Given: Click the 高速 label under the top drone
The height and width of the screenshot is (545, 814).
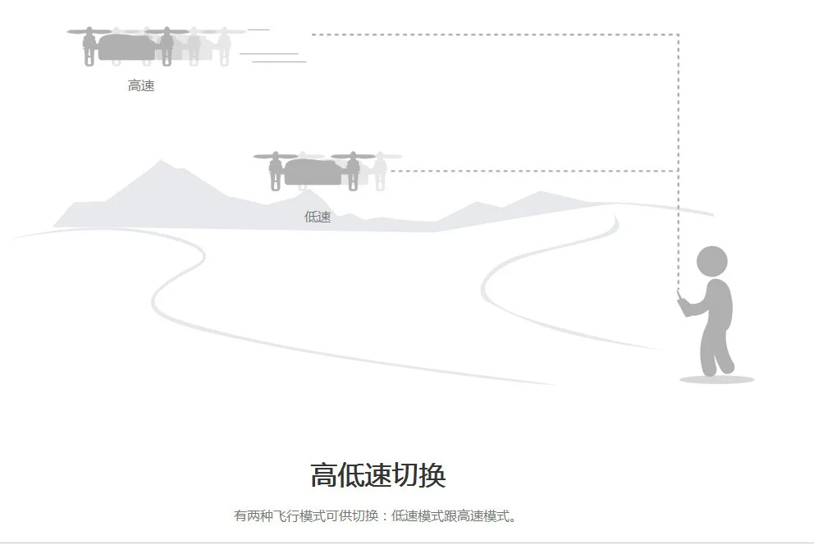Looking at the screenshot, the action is pos(141,85).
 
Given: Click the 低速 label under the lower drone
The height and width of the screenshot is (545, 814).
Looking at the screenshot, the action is pos(318,217).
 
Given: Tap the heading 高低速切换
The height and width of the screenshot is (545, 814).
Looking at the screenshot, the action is pos(378,475).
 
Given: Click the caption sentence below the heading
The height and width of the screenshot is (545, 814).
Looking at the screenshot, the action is pos(375,516).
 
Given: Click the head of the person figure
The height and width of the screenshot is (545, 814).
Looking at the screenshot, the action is pos(711,262).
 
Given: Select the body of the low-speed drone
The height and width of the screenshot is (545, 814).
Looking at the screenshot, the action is pos(313,172).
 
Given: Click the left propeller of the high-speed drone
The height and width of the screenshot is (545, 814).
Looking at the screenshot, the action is pos(89,31).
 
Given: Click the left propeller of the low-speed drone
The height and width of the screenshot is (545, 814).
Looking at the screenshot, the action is pos(276,156).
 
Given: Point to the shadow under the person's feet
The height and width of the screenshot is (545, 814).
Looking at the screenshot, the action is pos(717,379).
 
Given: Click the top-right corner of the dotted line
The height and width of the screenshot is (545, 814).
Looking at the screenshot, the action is pos(678,34).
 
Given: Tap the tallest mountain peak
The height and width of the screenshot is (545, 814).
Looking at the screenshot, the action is pos(161,161).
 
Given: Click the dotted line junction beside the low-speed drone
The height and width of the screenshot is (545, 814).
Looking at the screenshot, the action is pos(678,170).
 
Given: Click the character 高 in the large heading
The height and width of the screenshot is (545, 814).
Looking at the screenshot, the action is pos(324,475).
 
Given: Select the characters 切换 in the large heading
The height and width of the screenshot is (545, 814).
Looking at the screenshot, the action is pos(419,475).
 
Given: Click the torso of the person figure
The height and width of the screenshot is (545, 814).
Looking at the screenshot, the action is pos(717,304).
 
